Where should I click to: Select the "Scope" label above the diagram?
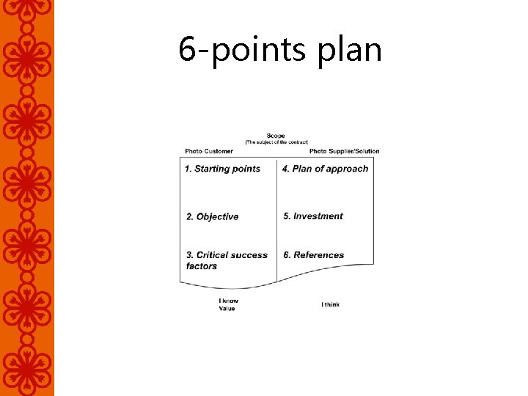coord(276,136)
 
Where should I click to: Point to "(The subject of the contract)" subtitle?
coord(276,142)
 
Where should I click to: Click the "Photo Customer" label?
coord(209,152)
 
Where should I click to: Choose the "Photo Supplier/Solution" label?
coord(344,152)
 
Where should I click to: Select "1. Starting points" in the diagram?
coord(222,169)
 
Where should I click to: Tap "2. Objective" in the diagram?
coord(212,216)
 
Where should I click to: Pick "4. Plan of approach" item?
coord(325,169)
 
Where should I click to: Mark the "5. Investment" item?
coord(313,216)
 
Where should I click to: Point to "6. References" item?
coord(313,255)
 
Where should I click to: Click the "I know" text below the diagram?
coord(228,301)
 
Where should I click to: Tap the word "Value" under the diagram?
coord(227,309)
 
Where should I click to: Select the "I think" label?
coord(330,304)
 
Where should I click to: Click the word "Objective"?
coord(217,216)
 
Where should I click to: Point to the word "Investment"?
coord(318,216)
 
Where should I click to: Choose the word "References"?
coord(318,255)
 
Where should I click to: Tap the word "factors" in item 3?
coord(202,266)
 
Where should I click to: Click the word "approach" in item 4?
coord(347,169)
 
